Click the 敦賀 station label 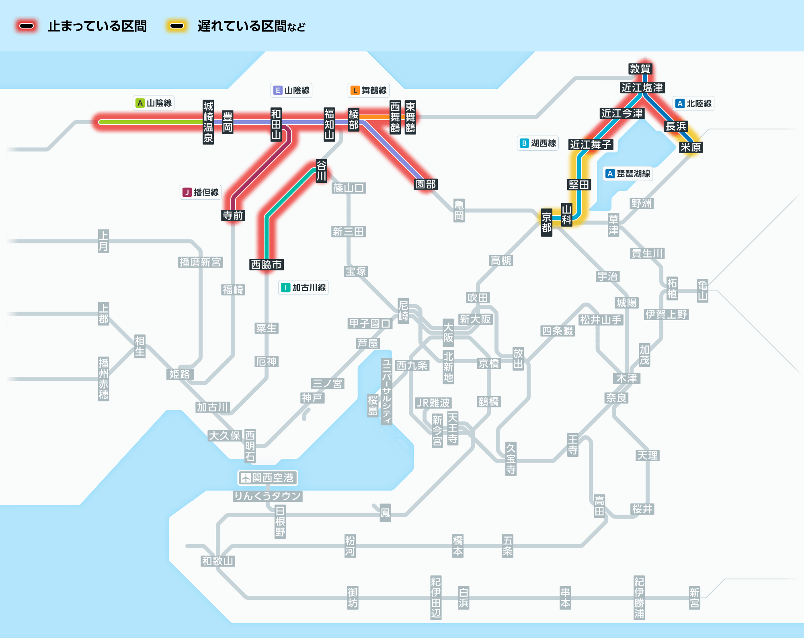click(640, 69)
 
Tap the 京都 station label click(546, 222)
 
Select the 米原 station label click(690, 147)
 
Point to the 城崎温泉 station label click(208, 122)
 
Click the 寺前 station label click(233, 215)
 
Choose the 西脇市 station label click(266, 265)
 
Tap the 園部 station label click(426, 184)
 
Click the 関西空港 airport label click(268, 478)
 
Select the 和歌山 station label click(218, 561)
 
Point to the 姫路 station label click(180, 374)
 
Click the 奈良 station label click(616, 398)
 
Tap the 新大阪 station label click(475, 319)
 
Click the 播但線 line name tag click(201, 192)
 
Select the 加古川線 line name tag click(304, 288)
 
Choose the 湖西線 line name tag click(538, 143)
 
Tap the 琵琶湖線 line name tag click(628, 174)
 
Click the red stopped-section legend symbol click(27, 26)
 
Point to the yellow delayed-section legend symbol click(177, 26)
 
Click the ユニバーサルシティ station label click(386, 391)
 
